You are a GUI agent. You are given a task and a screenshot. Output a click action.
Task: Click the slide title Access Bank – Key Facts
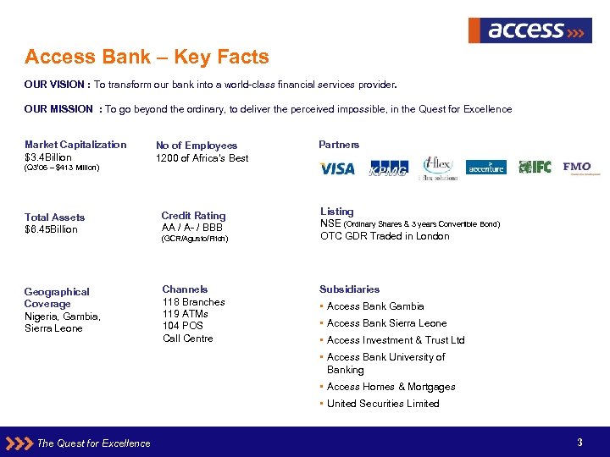coord(147,58)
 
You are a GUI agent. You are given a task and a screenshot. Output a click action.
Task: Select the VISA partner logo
coord(337,168)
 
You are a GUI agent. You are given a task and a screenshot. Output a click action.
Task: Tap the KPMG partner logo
coord(388,168)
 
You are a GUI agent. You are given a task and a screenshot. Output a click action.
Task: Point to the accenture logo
coord(486,168)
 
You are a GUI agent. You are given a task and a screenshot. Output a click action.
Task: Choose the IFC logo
coord(535,167)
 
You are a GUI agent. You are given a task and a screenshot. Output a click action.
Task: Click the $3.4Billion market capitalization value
coord(48,157)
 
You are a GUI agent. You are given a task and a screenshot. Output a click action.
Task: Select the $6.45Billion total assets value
coord(51,229)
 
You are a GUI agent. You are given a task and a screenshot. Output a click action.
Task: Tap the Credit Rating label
coord(193,216)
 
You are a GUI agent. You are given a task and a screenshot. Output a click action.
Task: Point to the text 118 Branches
coord(193,302)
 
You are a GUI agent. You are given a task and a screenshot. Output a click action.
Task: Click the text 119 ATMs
coord(185,314)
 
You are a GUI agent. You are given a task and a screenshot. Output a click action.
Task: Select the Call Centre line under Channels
coord(188,339)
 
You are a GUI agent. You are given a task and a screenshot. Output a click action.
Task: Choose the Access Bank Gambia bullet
coord(374,306)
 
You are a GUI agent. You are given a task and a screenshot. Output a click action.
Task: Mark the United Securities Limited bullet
coord(382,404)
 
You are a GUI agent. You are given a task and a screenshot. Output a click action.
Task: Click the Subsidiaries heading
coord(349,289)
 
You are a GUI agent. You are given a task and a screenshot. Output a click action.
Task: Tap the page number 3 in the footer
coord(579,443)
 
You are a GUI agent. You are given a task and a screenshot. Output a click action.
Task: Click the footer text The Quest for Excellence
coord(93,443)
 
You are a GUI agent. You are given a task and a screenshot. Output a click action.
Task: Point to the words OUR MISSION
coord(59,109)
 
